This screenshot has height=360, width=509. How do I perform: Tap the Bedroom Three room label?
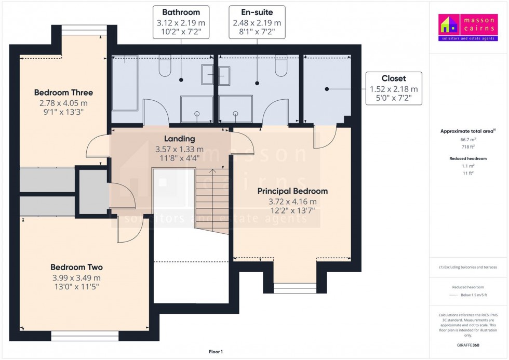click(x=63, y=93)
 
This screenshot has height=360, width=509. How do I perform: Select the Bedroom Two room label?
click(x=76, y=268)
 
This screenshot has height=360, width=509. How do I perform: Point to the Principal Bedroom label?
click(x=292, y=191)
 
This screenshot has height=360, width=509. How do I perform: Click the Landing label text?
click(x=179, y=139)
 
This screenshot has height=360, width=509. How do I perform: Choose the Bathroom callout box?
click(x=181, y=22)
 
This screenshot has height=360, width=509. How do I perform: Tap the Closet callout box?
click(x=393, y=89)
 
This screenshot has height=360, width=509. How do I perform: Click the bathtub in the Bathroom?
click(x=125, y=83)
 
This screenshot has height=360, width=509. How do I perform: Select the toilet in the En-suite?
click(x=281, y=66)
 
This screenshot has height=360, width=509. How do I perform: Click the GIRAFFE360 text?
click(x=468, y=344)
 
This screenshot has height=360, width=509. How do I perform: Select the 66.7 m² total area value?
click(x=468, y=140)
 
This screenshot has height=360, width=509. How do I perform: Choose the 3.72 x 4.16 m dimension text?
click(x=292, y=202)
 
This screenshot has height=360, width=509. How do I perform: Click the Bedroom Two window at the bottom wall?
click(x=85, y=336)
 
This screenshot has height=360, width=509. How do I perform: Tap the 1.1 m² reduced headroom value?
click(x=468, y=166)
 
